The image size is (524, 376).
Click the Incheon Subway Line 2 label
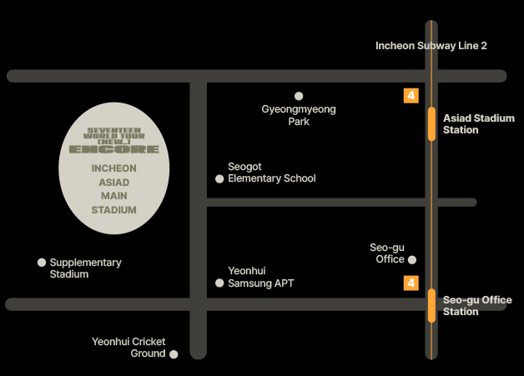[x=431, y=46]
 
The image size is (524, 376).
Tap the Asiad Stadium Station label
[x=478, y=124]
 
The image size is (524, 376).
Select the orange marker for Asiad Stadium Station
[x=431, y=123]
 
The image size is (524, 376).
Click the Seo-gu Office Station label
[x=477, y=306]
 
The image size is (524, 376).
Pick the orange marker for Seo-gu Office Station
[x=431, y=305]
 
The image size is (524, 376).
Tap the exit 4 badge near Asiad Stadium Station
[x=411, y=96]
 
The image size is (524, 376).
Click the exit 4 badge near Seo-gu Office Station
[x=411, y=283]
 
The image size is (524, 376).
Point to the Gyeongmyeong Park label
[x=299, y=115]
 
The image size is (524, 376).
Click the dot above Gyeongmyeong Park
[x=299, y=96]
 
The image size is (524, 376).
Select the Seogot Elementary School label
[x=272, y=173]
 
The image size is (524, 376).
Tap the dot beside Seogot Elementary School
[x=219, y=178]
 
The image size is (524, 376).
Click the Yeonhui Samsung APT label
[x=261, y=277]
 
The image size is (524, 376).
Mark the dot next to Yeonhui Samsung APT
[x=219, y=283]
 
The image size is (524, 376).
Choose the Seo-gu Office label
[x=387, y=253]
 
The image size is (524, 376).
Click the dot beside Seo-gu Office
[x=412, y=260]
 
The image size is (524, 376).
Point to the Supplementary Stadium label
[x=85, y=268]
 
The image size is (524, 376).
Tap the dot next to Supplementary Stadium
[x=42, y=263]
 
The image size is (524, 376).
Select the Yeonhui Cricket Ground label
[x=128, y=348]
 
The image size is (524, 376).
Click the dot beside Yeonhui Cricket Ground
[x=174, y=354]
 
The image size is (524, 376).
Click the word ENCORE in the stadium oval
[x=113, y=149]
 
